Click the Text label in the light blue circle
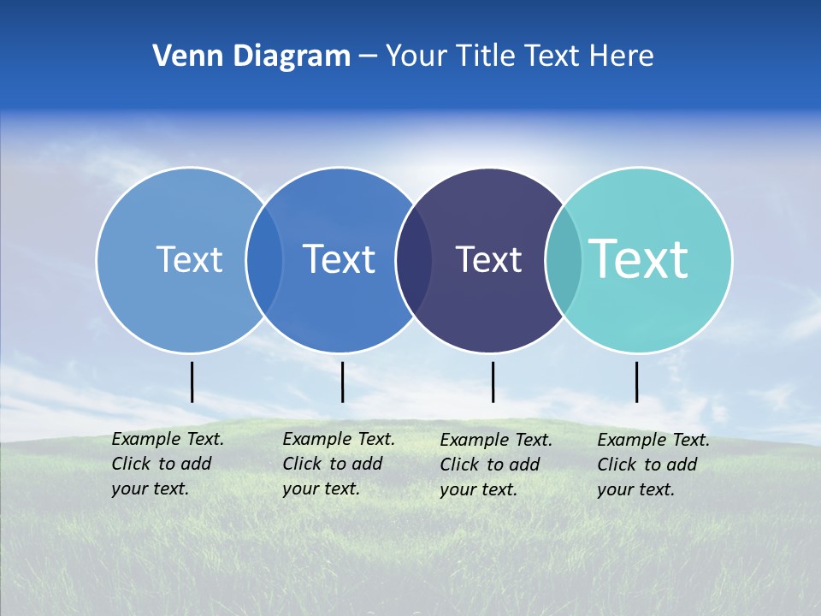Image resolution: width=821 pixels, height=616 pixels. [189, 259]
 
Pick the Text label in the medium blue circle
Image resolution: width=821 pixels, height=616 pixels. [339, 259]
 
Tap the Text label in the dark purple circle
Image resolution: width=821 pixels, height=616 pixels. [488, 260]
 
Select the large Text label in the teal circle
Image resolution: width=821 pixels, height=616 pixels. [639, 258]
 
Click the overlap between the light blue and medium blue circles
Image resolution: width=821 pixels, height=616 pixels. [264, 260]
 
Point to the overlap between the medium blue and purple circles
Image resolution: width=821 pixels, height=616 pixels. [414, 260]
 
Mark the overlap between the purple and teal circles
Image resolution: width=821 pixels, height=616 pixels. [564, 260]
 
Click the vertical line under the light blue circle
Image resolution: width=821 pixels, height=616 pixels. [192, 382]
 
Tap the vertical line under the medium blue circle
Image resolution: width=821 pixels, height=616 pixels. [342, 382]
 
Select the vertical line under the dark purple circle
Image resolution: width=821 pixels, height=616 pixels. [493, 382]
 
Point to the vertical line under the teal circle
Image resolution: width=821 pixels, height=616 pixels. [636, 382]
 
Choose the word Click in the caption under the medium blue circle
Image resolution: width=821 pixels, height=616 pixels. [301, 464]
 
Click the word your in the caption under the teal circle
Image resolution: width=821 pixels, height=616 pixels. [614, 489]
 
